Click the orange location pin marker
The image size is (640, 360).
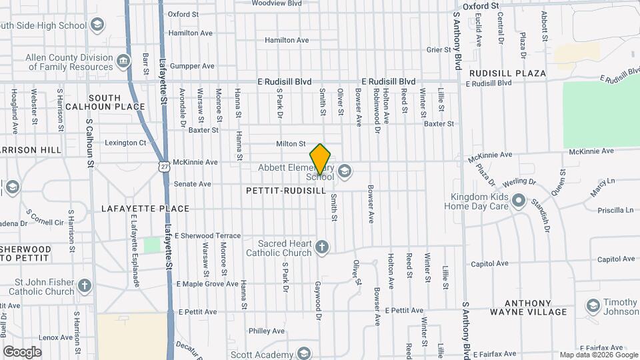321,159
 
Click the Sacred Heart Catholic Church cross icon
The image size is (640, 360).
322,248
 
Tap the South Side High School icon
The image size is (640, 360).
98,26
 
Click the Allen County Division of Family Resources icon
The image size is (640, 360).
123,62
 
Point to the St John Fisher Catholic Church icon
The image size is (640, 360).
85,286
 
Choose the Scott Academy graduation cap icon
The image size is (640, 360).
305,353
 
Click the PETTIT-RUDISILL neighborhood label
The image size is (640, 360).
286,191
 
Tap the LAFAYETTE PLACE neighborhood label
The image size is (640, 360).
145,209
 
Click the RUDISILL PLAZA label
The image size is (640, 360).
507,73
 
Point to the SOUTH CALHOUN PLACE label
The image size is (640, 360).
111,102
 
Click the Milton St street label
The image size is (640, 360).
291,143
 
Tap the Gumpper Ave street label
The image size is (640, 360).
192,66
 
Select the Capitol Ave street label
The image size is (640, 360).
490,263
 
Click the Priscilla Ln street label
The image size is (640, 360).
615,209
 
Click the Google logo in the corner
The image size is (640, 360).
22,351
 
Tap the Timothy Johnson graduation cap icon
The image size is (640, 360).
593,306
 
